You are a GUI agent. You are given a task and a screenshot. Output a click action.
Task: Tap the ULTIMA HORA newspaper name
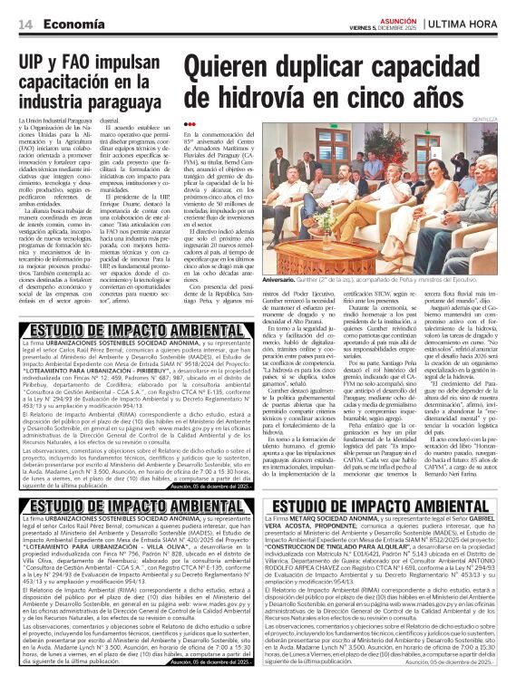pyautogui.click(x=478, y=24)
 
